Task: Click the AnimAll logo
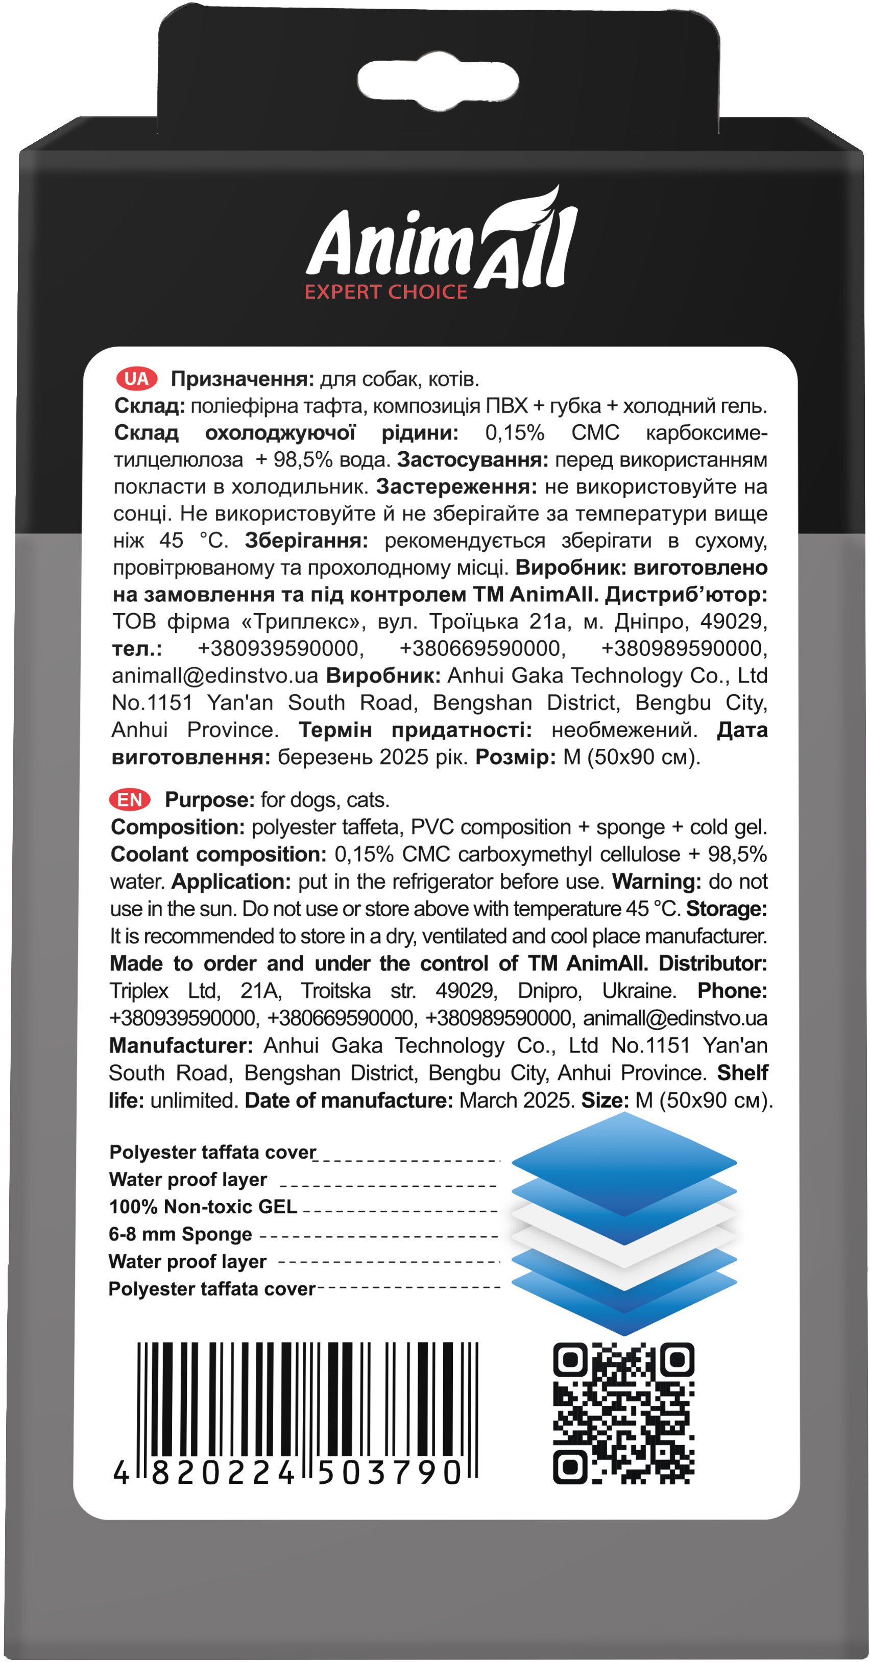click(442, 242)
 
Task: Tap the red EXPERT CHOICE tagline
click(386, 292)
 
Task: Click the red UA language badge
click(136, 379)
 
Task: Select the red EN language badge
click(130, 800)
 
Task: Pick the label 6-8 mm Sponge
click(180, 1234)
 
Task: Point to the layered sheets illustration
click(623, 1223)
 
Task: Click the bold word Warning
click(657, 882)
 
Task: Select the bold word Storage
click(726, 909)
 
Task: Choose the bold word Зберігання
click(306, 541)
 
